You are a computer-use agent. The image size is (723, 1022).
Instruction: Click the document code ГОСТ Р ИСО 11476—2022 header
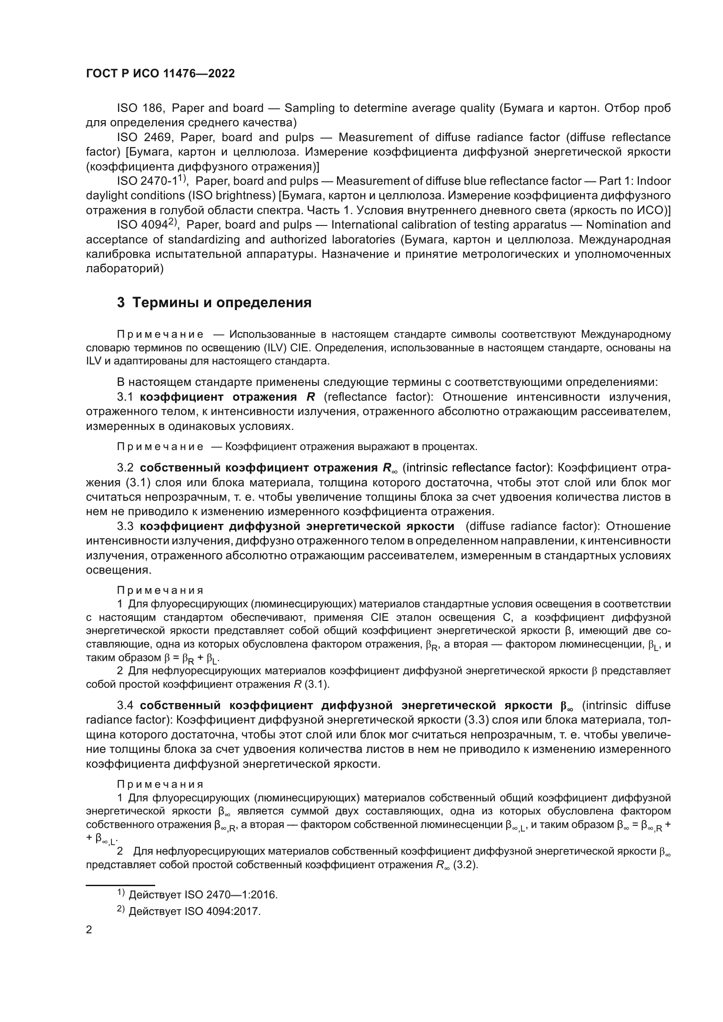click(160, 73)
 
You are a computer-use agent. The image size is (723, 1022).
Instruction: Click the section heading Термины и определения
click(222, 303)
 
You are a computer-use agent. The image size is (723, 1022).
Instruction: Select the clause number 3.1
click(125, 397)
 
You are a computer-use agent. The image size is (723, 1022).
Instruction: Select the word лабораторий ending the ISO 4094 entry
click(125, 269)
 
